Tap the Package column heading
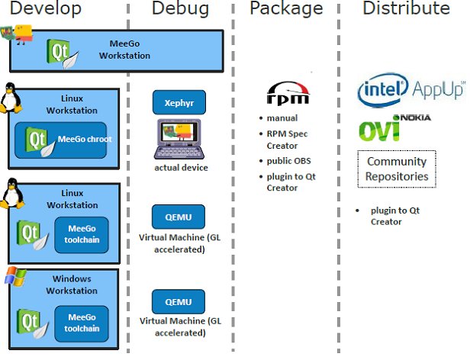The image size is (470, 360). (286, 9)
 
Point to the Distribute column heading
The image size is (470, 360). (405, 9)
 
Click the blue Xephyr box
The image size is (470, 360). (179, 102)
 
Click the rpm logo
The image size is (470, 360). (288, 93)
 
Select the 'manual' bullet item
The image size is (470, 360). (282, 118)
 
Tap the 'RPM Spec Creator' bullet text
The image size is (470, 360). (287, 140)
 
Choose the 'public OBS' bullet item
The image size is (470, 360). (288, 161)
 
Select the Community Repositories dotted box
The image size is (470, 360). (397, 169)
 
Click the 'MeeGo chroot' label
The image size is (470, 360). (81, 140)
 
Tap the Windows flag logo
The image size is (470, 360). (14, 276)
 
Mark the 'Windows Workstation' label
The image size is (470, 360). (71, 285)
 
